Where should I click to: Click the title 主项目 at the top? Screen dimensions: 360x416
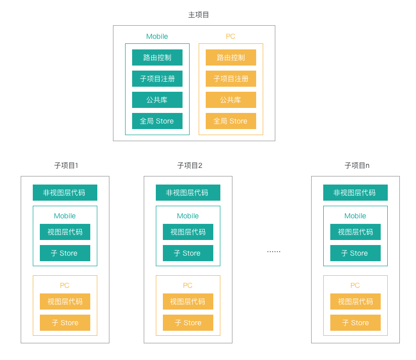coord(199,15)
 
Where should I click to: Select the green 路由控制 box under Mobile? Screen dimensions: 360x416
coord(157,57)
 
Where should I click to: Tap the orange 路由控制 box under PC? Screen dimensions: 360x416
coord(231,57)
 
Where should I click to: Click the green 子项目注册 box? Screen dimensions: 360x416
coord(157,79)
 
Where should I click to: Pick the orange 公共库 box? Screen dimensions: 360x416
coord(231,100)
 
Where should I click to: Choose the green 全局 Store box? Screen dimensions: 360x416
coord(157,121)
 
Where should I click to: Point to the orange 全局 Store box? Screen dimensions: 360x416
coord(231,121)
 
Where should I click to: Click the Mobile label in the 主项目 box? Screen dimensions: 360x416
coord(157,36)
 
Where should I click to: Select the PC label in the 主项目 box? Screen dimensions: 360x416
coord(230,36)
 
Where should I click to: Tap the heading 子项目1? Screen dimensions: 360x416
coord(66,165)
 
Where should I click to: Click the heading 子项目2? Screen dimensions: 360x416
coord(190,165)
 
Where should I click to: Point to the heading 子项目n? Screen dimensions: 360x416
coord(357,165)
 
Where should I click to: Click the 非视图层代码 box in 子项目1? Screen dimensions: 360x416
coord(65,193)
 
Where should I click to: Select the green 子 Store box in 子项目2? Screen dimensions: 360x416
coord(188,253)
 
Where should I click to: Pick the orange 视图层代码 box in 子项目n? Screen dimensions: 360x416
coord(355,302)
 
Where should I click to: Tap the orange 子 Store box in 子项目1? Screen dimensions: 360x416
coord(65,323)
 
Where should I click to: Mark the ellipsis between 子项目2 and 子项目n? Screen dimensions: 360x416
coord(274,251)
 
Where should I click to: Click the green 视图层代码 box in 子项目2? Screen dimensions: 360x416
coord(188,232)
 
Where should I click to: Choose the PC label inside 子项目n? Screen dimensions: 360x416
coord(355,285)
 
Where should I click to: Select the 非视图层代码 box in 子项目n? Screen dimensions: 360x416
coord(355,193)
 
